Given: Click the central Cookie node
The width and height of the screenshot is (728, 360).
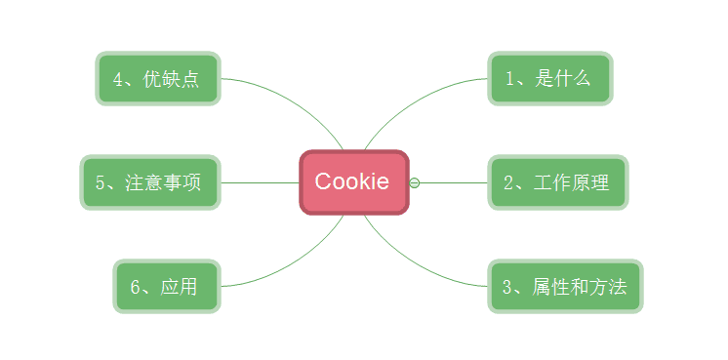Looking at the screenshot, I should [352, 181].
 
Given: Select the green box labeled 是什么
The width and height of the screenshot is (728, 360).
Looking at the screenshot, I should [549, 78].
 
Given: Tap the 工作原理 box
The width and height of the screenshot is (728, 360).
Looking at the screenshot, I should [557, 182].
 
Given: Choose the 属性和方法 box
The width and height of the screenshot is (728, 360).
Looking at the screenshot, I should [565, 286].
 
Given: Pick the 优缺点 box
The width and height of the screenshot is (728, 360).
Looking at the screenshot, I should [157, 78].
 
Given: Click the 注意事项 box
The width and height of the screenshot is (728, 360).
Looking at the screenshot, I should [149, 182].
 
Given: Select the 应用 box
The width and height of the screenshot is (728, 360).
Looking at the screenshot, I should [165, 286].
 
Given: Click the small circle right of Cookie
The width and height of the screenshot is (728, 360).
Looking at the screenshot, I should [415, 182].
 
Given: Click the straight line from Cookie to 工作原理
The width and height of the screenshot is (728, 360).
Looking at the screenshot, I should [454, 182].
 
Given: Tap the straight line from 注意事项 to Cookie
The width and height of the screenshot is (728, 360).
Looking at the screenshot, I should [259, 182].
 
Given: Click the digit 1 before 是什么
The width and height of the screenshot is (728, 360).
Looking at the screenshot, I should [510, 79].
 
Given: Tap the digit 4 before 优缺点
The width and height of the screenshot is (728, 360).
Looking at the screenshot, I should [118, 79].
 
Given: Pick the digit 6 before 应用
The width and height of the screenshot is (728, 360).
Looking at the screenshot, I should [136, 287].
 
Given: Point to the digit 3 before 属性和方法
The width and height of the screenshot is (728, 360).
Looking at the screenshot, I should [507, 287].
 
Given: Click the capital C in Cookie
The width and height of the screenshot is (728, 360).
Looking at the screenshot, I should [323, 181].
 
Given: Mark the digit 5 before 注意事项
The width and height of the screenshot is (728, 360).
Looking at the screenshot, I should [101, 183].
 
